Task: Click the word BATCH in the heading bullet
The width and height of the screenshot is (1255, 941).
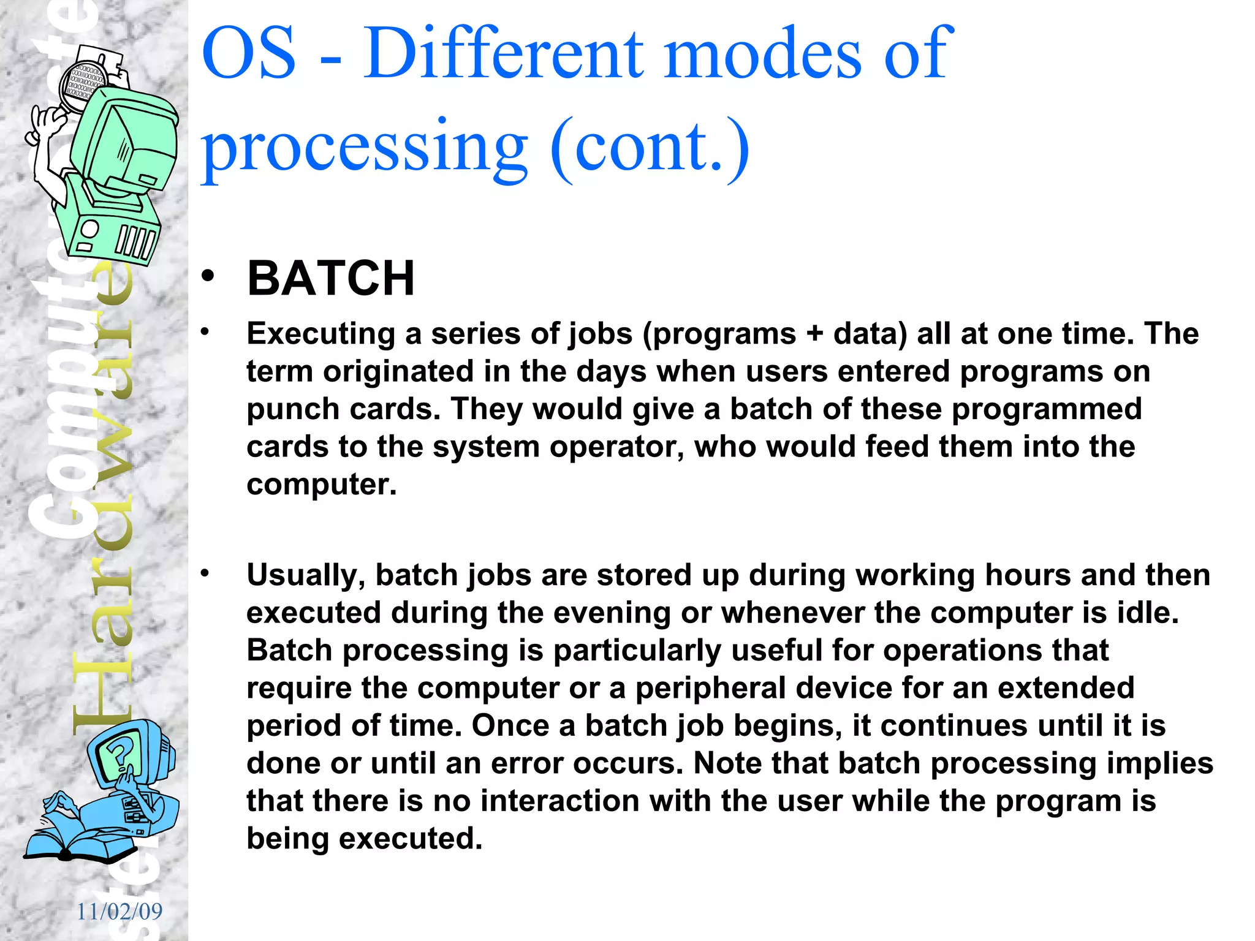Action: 331,279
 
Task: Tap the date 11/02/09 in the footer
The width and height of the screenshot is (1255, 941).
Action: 119,912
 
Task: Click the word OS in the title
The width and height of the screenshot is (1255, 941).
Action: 249,54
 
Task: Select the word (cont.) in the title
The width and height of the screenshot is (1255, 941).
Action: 650,147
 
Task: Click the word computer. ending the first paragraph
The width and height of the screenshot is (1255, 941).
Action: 322,485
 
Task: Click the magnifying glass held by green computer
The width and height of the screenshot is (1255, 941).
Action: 83,86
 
